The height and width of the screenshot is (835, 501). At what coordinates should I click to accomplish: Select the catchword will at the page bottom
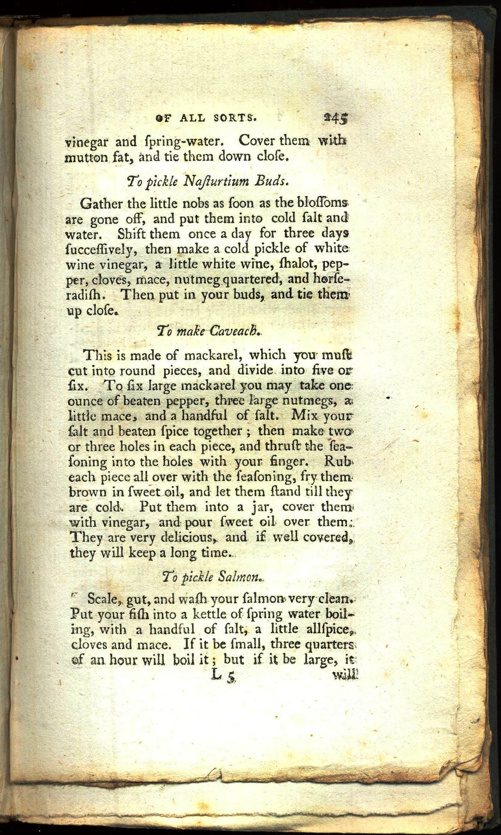point(345,676)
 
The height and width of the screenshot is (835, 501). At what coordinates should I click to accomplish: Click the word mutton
point(86,158)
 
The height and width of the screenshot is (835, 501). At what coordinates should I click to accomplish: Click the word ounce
point(85,401)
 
